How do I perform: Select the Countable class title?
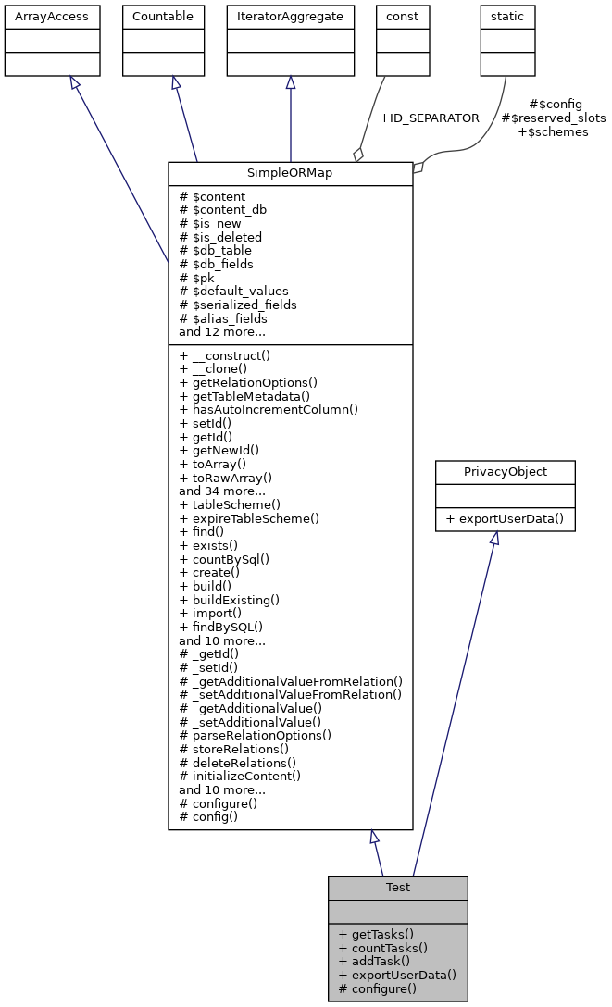[x=163, y=17]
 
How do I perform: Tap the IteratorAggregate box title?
[x=291, y=17]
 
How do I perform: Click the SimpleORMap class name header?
[x=290, y=174]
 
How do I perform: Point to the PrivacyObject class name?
[x=506, y=472]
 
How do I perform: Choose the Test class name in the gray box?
[x=397, y=888]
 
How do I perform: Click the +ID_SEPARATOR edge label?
[x=430, y=118]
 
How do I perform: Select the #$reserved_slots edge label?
[x=553, y=118]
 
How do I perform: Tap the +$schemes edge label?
[x=553, y=132]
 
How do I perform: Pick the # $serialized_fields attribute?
[x=238, y=305]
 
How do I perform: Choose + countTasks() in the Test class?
[x=383, y=948]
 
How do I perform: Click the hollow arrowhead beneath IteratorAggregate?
[x=291, y=83]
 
